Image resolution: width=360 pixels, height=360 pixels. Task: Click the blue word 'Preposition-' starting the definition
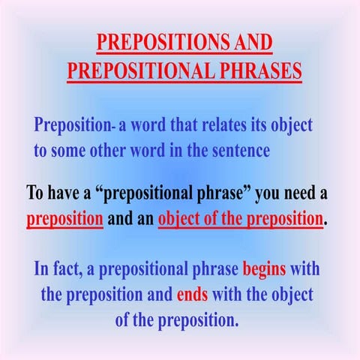coord(73,124)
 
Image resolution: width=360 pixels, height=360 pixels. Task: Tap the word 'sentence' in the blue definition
coord(237,149)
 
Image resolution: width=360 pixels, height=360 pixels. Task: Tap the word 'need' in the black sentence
coord(298,193)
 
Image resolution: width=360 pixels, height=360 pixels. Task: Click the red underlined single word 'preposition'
coord(64,220)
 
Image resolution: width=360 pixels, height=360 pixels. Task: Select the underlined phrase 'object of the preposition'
coord(241,220)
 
